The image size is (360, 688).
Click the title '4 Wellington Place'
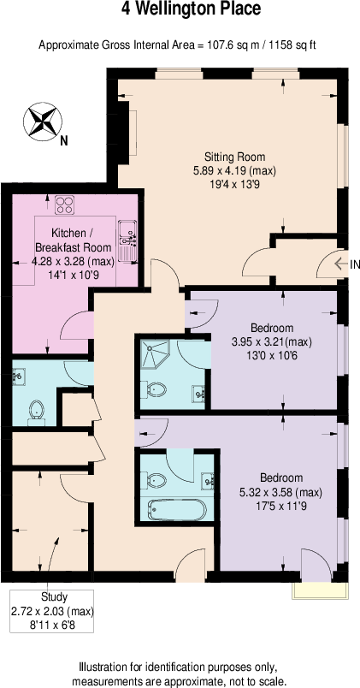179,10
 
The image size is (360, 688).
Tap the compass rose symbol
40,121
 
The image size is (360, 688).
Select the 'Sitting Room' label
234,157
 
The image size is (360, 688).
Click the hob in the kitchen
65,205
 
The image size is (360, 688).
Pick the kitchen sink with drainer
128,241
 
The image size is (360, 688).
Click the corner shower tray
156,353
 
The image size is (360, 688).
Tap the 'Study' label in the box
54,596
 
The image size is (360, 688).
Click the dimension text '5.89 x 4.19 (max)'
234,171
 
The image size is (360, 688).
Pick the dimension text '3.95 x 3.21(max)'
272,341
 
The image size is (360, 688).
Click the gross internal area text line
179,44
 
